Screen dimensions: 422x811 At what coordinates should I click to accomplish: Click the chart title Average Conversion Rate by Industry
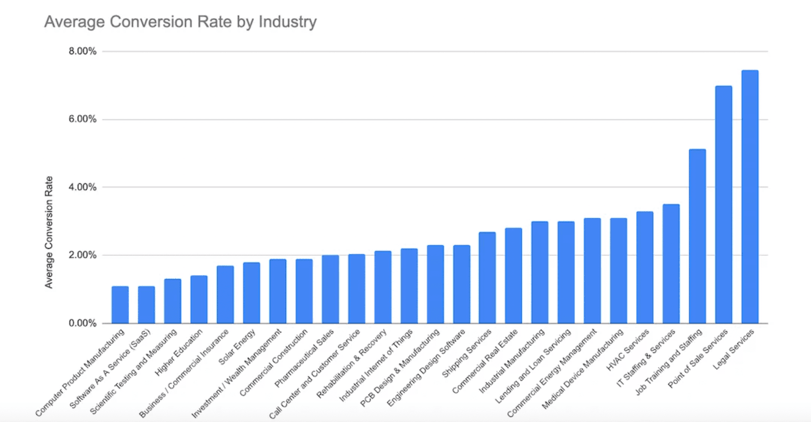point(180,22)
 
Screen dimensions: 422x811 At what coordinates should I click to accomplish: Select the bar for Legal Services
point(750,197)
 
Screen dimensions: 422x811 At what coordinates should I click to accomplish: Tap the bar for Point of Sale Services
point(723,205)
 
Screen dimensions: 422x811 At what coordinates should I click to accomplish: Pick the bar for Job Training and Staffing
point(697,236)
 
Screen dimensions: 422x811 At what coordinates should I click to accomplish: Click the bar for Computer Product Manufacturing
point(120,305)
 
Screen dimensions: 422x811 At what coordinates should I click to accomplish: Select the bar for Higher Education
point(199,300)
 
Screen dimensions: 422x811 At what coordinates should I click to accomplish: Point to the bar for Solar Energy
point(251,293)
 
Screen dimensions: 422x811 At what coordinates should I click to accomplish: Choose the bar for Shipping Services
point(487,278)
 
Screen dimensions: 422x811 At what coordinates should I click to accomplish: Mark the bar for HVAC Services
point(645,268)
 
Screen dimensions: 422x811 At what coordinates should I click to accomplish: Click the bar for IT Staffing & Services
point(671,264)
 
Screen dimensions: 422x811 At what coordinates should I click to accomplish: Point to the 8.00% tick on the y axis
point(82,51)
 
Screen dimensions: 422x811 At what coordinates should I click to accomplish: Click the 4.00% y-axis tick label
point(82,187)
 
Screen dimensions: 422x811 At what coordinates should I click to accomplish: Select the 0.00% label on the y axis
point(82,323)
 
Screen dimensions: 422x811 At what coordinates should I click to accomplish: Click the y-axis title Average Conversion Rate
point(49,232)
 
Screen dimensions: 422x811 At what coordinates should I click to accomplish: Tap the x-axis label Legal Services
point(734,349)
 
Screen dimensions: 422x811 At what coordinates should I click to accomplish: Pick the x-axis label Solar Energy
point(237,347)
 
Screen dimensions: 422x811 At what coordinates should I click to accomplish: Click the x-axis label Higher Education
point(179,352)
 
